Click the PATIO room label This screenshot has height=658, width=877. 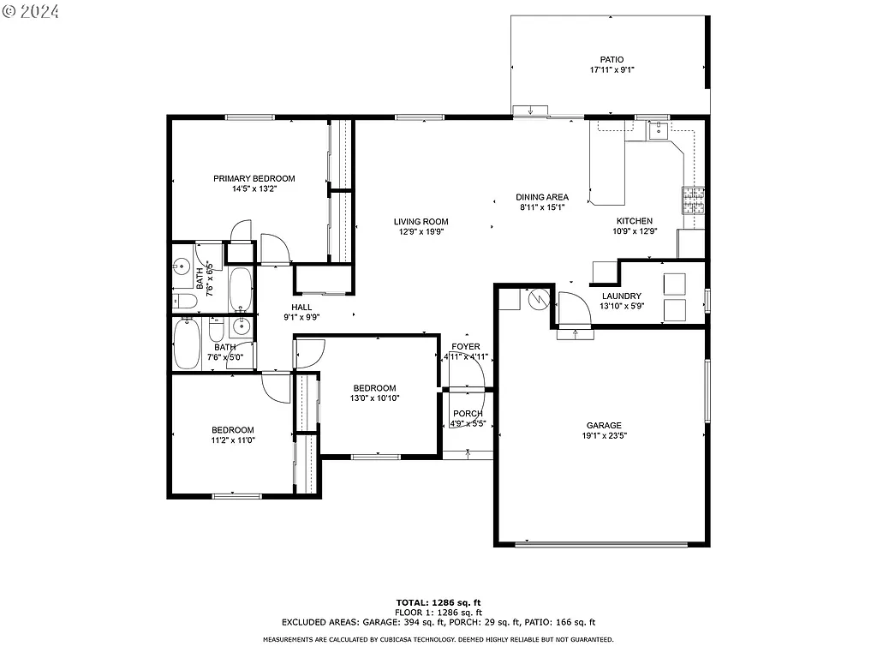612,59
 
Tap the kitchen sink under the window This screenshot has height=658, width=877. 658,131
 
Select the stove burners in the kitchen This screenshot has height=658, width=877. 693,200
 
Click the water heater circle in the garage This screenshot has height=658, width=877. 537,299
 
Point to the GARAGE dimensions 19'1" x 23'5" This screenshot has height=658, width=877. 604,435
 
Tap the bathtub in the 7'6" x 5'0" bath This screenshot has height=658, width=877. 188,344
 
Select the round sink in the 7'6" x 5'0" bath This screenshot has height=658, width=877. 241,326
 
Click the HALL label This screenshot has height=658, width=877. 301,307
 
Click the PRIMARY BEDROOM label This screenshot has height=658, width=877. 254,178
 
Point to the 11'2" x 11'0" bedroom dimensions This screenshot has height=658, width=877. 233,440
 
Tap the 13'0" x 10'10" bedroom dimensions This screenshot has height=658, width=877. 374,398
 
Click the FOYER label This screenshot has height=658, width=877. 466,346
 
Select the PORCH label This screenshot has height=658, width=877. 468,413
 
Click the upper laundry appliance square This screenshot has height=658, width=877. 674,284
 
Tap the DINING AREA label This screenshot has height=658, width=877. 542,197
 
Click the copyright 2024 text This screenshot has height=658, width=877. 33,12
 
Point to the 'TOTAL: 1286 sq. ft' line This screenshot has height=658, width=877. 438,602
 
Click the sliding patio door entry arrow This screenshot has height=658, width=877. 532,110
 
